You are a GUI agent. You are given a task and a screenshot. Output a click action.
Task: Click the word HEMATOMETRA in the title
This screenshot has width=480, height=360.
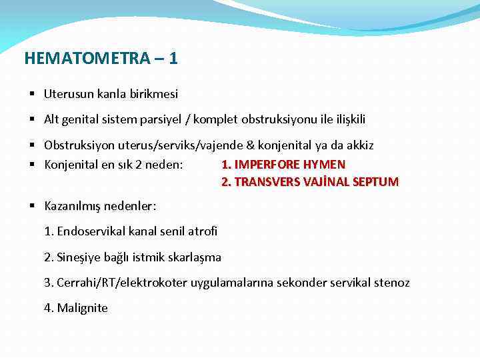[x=87, y=59]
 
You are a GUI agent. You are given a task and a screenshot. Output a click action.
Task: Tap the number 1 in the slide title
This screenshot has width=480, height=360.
[x=173, y=59]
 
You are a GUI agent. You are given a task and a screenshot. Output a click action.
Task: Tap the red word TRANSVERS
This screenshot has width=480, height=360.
[x=263, y=181]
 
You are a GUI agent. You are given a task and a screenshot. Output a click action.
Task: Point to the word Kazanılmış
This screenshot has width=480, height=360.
[x=73, y=207]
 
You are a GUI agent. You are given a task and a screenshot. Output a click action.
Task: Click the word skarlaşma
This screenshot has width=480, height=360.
[x=196, y=257]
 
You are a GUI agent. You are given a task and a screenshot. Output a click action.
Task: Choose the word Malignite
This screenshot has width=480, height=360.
[x=82, y=308]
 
